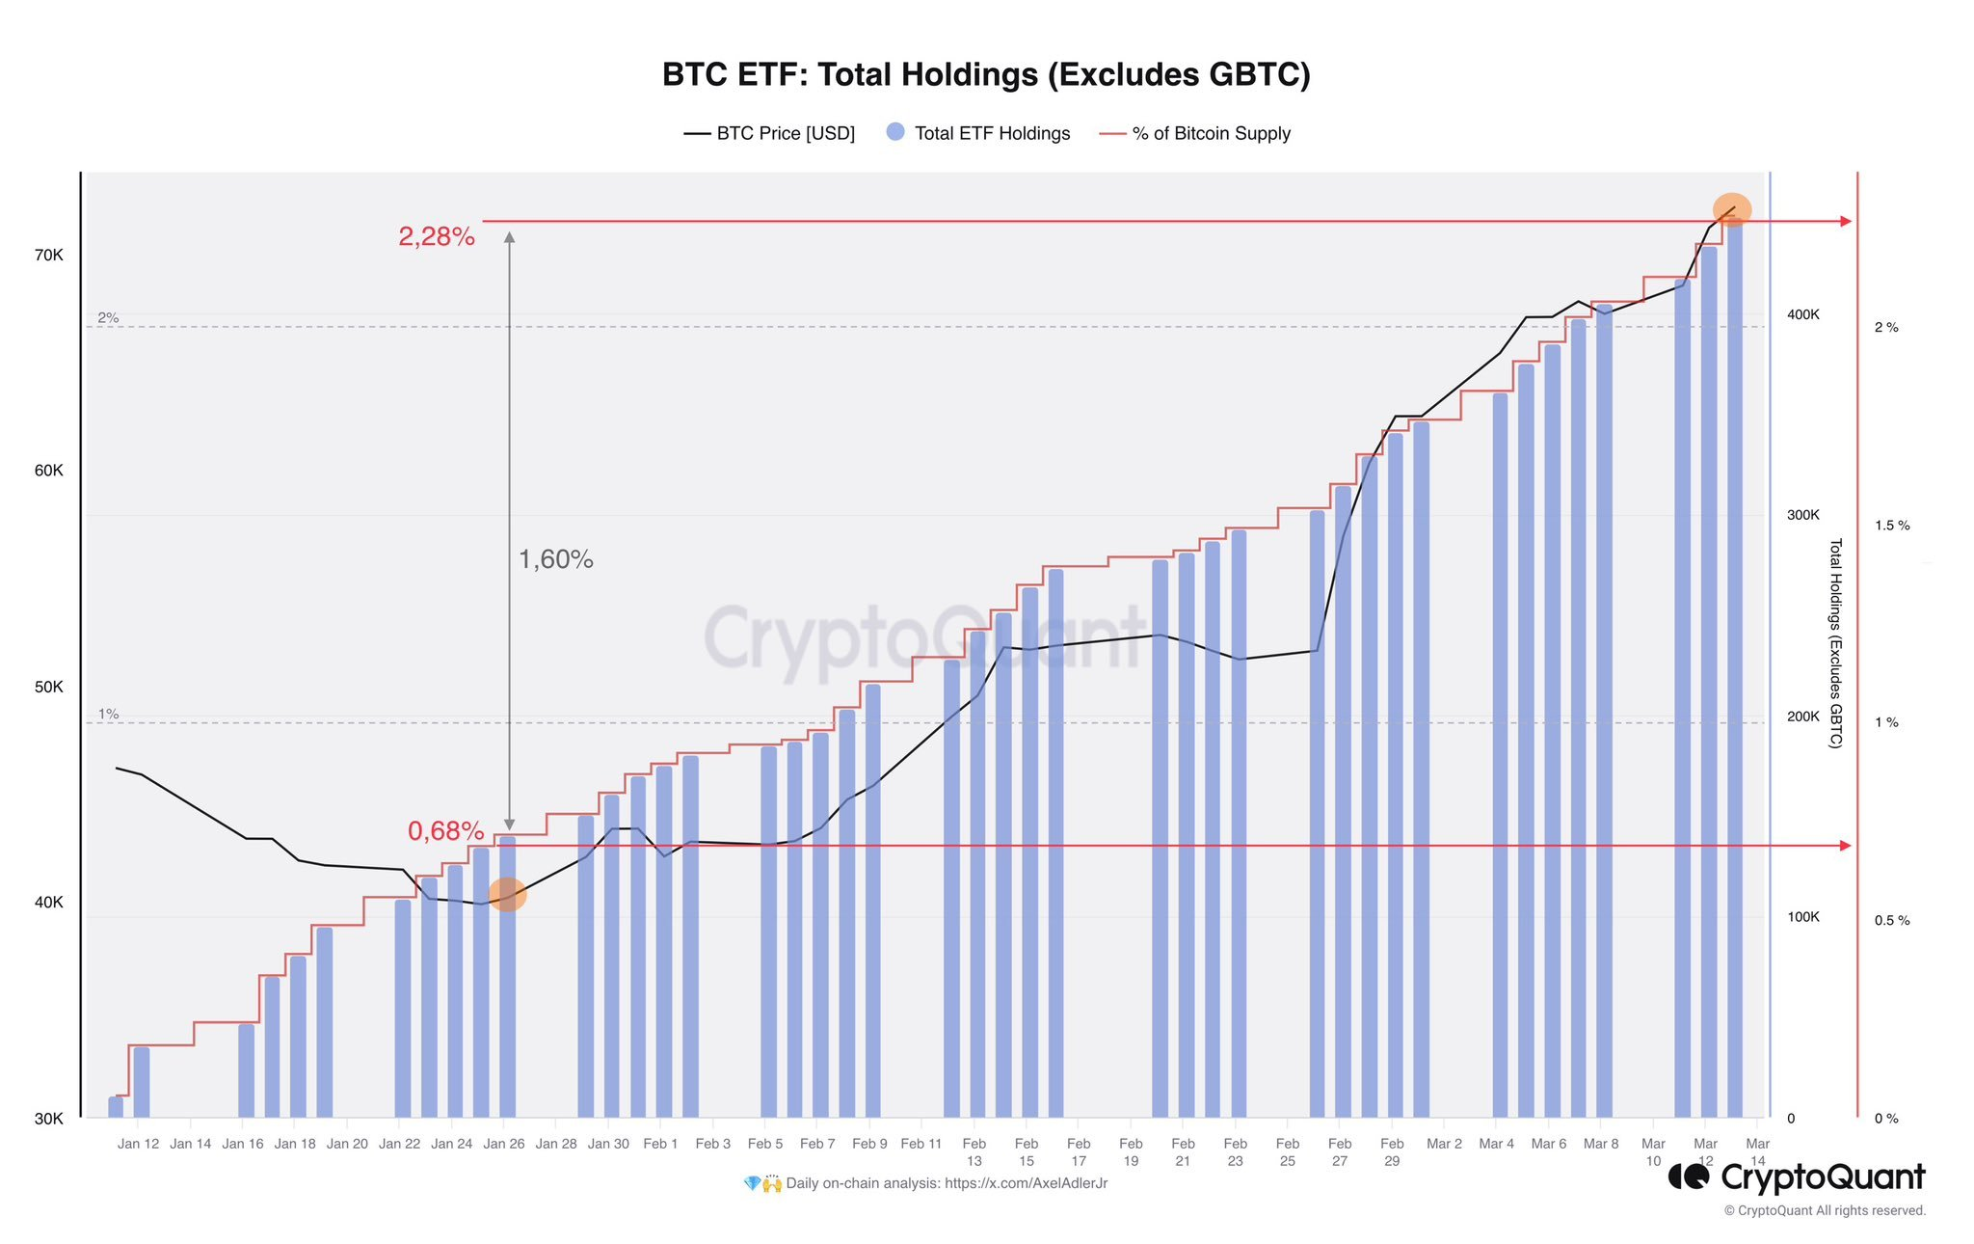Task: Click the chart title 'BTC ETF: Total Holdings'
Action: pyautogui.click(x=985, y=75)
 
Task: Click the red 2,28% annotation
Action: pyautogui.click(x=437, y=236)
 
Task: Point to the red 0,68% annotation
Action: pyautogui.click(x=445, y=830)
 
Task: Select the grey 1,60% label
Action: pyautogui.click(x=555, y=559)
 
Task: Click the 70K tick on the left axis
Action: pyautogui.click(x=49, y=256)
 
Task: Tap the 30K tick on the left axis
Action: pyautogui.click(x=49, y=1119)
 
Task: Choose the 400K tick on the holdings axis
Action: pyautogui.click(x=1802, y=315)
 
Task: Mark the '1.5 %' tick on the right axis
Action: pyautogui.click(x=1891, y=526)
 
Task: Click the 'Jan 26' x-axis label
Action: pyautogui.click(x=503, y=1144)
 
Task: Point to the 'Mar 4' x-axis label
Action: pyautogui.click(x=1496, y=1144)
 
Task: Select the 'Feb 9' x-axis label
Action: pyautogui.click(x=869, y=1144)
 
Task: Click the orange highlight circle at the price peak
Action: pyautogui.click(x=1731, y=209)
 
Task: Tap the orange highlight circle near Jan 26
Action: pyautogui.click(x=507, y=894)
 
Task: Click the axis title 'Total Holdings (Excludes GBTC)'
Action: pyautogui.click(x=1835, y=643)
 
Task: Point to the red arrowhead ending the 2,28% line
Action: pyautogui.click(x=1846, y=222)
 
